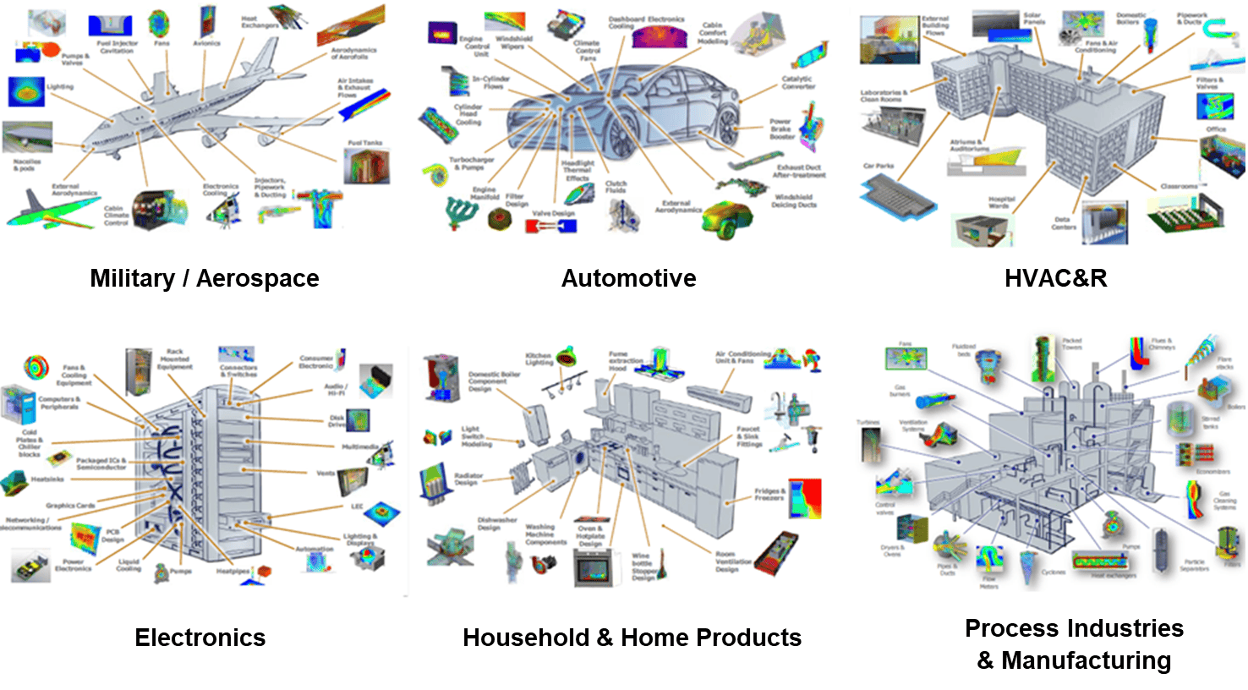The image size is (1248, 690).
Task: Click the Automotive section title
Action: pos(628,278)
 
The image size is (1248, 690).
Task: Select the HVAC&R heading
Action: pos(1055,278)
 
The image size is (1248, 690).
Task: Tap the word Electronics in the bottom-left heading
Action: pos(200,638)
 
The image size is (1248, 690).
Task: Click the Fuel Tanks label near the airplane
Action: pos(365,144)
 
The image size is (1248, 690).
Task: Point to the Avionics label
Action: pos(205,43)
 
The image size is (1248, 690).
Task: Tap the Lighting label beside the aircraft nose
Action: pos(60,87)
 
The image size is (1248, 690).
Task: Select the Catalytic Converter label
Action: pos(798,82)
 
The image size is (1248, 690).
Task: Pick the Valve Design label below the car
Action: pos(553,213)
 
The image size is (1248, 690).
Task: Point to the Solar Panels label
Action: pos(1032,19)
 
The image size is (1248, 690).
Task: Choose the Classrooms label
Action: pos(1179,186)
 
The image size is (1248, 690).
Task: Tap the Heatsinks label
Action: pos(47,479)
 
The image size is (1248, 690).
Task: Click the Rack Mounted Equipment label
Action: pos(175,359)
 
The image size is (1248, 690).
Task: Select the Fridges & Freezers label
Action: pos(770,494)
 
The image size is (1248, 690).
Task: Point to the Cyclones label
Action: pos(1054,572)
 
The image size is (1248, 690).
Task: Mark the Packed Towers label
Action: pos(1072,343)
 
